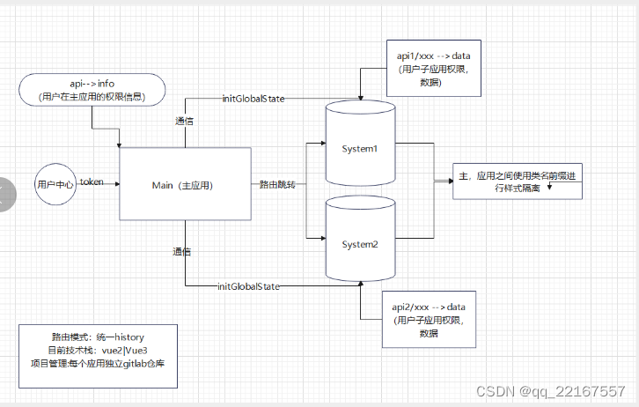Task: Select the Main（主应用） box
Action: (x=184, y=185)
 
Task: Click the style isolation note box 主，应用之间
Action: (x=517, y=182)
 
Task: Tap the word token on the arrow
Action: (x=92, y=181)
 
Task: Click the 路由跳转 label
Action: (x=276, y=185)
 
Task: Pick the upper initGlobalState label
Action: (x=253, y=99)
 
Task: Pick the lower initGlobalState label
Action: (x=248, y=286)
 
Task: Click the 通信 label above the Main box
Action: (x=185, y=121)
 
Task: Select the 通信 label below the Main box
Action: (x=182, y=251)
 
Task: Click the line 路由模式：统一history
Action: (x=98, y=337)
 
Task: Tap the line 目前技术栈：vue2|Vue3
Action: (x=98, y=350)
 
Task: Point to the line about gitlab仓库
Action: (x=98, y=362)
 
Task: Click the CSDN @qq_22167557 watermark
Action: (x=550, y=391)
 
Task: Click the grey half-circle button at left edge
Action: (x=4, y=195)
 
